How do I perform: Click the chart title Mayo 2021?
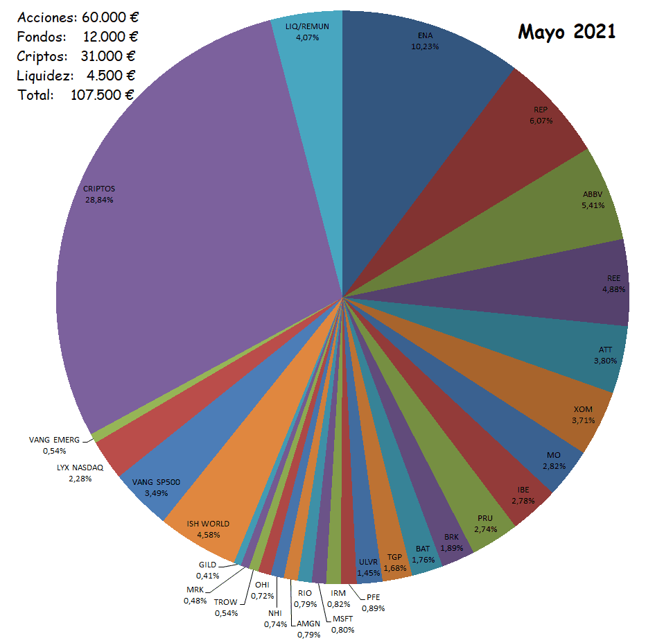566,31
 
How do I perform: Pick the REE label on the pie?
613,277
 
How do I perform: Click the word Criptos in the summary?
42,55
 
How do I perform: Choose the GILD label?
208,565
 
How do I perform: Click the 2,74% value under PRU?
486,529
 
